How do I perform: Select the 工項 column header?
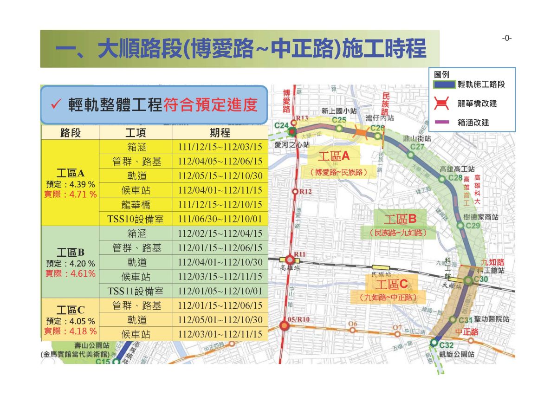pos(136,133)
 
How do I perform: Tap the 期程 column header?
pos(220,133)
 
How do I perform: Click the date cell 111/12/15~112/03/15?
pos(220,147)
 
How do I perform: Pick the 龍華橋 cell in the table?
pos(136,205)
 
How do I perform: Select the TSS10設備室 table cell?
pos(136,219)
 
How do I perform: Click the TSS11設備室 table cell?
pos(136,291)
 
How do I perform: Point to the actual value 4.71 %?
pos(83,194)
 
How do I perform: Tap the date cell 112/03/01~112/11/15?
pos(220,334)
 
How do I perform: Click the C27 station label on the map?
pos(417,147)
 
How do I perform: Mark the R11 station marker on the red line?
pos(290,259)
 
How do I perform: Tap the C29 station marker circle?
pos(460,226)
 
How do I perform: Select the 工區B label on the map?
pos(399,219)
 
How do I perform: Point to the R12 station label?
pos(305,191)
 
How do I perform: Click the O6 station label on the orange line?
pos(353,324)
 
